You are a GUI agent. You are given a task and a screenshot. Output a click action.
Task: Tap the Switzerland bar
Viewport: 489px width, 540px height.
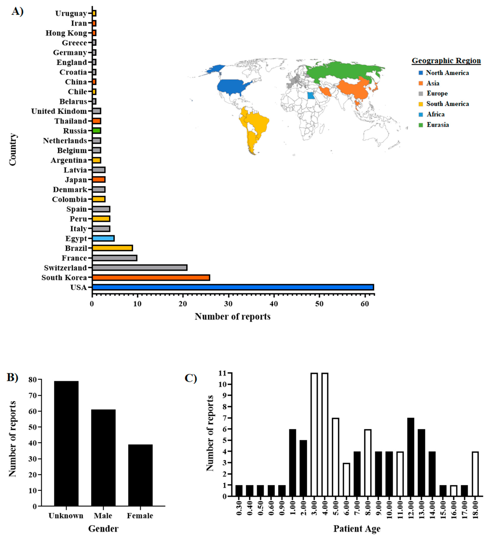tap(140, 268)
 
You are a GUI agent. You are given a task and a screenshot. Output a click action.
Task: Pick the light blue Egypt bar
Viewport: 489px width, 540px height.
tap(103, 238)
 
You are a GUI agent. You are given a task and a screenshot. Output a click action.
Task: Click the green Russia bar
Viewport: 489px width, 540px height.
tap(97, 131)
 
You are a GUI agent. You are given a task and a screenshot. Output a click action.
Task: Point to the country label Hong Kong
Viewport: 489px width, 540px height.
tap(66, 33)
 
